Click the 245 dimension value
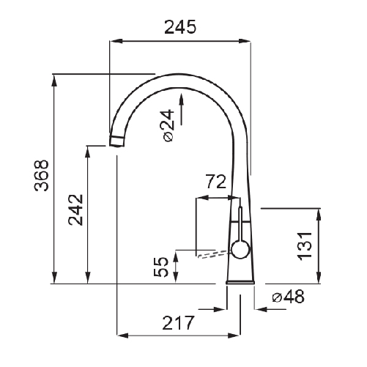(x=180, y=27)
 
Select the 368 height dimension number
(x=42, y=175)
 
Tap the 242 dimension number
(x=76, y=210)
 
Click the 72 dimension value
(x=216, y=182)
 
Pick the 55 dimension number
(x=161, y=267)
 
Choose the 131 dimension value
(x=304, y=246)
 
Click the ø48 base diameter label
(x=289, y=297)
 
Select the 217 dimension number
(x=178, y=323)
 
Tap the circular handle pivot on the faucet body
(x=240, y=250)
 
